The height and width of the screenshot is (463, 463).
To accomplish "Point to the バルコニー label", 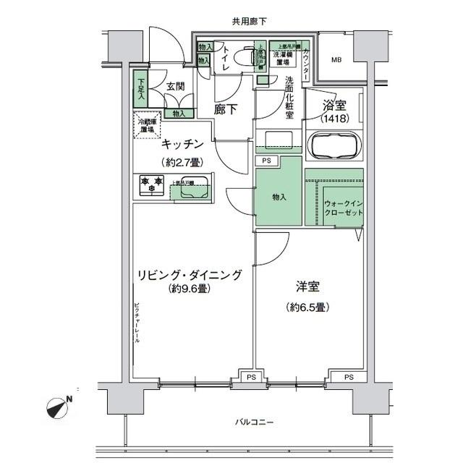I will (x=254, y=422).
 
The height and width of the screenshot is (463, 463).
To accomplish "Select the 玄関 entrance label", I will (x=174, y=87).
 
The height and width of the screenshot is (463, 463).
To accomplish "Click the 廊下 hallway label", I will (x=226, y=110).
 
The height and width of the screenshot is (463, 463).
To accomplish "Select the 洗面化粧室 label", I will (x=289, y=97).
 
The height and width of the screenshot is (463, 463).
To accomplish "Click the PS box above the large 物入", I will (x=267, y=161).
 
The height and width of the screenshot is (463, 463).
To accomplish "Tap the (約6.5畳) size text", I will (x=307, y=307).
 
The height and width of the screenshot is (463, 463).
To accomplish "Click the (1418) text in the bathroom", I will (x=334, y=118).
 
